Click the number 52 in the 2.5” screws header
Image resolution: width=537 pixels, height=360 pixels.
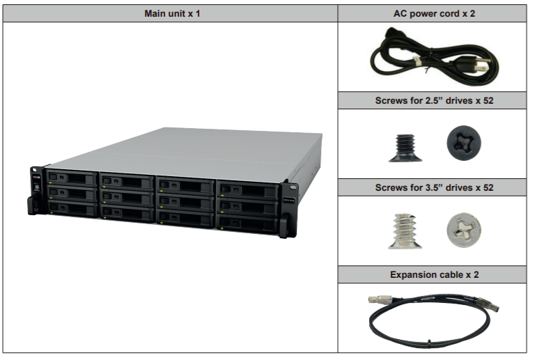(x=480, y=100)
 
